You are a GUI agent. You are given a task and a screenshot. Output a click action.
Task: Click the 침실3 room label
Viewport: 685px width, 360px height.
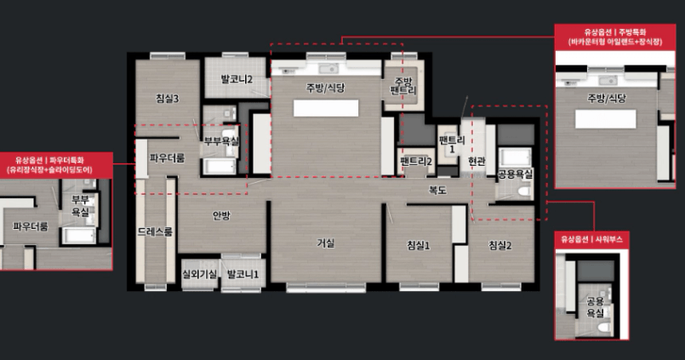point(168,99)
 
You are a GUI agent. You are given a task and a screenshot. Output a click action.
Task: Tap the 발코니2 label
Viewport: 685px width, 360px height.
point(237,79)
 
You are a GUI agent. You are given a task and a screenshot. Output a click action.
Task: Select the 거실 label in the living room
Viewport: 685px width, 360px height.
point(325,243)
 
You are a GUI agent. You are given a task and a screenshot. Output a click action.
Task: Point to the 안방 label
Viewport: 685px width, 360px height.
point(221,215)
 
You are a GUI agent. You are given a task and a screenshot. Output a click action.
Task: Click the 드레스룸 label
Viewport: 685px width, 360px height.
point(155,232)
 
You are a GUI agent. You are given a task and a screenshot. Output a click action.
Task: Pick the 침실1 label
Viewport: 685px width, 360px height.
point(418,246)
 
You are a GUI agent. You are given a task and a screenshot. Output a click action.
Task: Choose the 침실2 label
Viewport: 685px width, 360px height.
point(499,246)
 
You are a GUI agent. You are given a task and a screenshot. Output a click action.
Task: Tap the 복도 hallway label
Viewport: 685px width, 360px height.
point(437,190)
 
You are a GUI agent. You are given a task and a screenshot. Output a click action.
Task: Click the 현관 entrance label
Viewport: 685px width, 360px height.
point(477,162)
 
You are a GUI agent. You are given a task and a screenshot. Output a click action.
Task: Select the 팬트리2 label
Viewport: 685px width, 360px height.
point(416,162)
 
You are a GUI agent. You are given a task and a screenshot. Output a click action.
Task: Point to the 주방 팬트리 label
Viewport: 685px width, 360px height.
point(403,86)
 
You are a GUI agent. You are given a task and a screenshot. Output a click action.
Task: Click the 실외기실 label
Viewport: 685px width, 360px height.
point(199,274)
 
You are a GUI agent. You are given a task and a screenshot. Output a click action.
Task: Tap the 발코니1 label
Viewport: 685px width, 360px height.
point(243,274)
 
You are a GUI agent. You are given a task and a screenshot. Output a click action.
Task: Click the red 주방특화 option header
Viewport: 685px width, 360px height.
point(615,37)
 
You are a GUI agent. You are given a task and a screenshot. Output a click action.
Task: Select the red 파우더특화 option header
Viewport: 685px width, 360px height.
point(56,165)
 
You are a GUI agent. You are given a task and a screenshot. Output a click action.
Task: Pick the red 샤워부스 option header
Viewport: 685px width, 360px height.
point(591,239)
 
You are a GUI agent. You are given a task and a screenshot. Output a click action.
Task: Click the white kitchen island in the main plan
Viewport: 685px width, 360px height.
point(326,108)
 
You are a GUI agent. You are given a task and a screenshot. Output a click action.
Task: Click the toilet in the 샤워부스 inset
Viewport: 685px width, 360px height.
point(604,328)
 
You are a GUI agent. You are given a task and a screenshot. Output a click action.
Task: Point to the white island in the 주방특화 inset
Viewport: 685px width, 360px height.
point(606,119)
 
